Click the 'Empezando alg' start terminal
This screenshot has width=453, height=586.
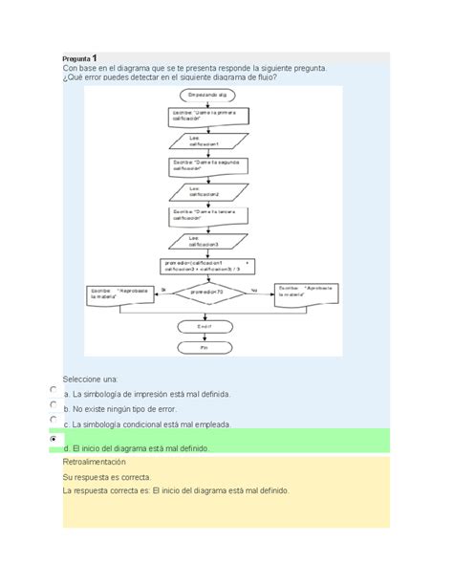(x=209, y=96)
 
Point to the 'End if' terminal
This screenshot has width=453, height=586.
(x=205, y=326)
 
